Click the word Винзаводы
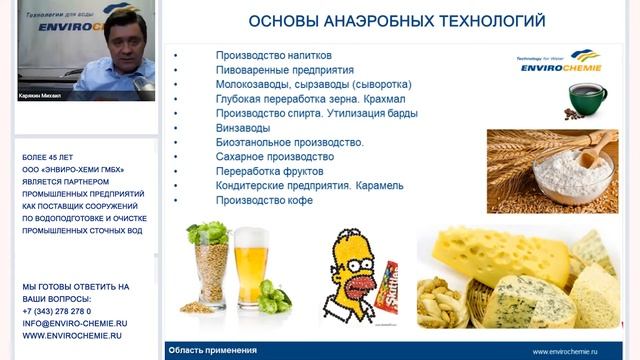[242, 128]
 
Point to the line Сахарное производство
[274, 157]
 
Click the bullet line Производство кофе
[264, 200]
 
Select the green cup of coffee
[587, 98]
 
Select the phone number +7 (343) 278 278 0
[63, 311]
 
